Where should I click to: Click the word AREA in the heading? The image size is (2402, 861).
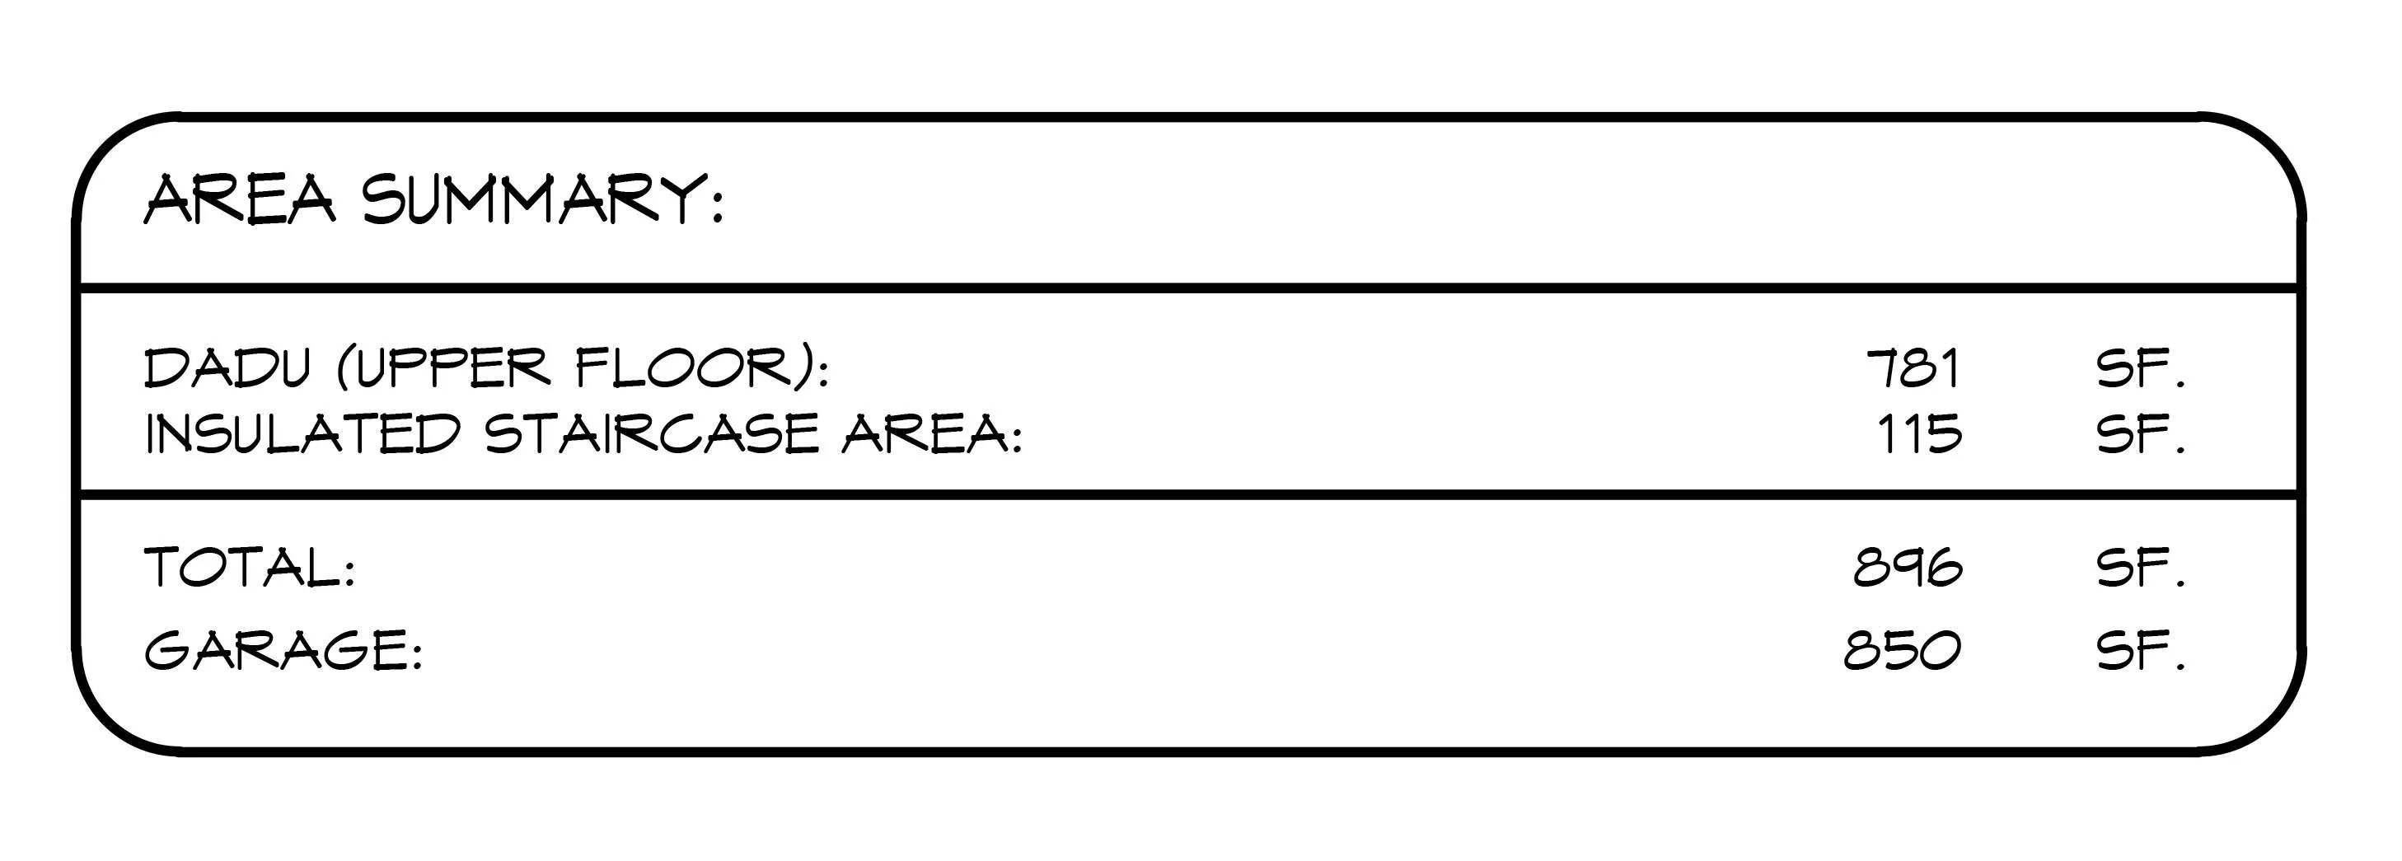tap(239, 199)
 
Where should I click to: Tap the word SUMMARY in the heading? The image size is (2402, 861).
tap(531, 199)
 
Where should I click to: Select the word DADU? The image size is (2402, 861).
tap(226, 368)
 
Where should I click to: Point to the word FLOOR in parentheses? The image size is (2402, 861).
tap(692, 368)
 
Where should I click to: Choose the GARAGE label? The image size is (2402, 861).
tap(276, 650)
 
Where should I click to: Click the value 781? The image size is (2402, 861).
tap(1913, 368)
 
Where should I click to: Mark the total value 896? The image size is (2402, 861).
tap(1908, 567)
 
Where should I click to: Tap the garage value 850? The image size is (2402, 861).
tap(1902, 650)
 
